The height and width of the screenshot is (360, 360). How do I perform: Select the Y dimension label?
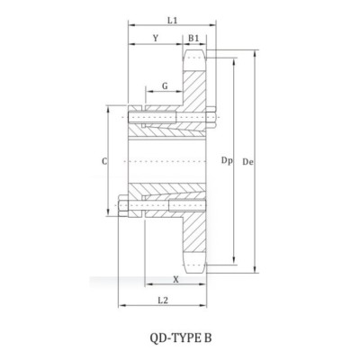(x=157, y=39)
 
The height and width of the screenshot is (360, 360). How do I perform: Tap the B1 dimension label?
(x=194, y=39)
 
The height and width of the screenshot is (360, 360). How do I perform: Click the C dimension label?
(x=106, y=162)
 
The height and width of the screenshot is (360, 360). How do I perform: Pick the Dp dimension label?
(x=227, y=162)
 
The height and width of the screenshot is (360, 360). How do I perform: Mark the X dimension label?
(x=175, y=279)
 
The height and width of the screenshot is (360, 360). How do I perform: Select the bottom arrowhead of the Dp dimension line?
(x=236, y=259)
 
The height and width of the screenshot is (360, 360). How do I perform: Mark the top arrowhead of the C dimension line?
(x=115, y=106)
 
